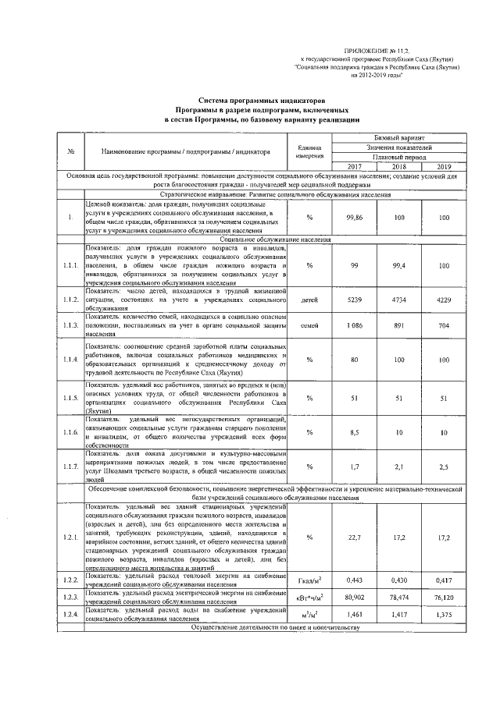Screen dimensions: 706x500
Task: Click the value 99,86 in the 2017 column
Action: (x=355, y=217)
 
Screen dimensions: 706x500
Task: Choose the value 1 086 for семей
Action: (x=355, y=326)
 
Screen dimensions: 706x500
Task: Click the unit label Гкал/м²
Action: (x=310, y=581)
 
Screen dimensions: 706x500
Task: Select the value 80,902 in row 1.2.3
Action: (x=355, y=596)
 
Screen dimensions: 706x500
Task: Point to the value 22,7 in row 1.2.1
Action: (x=355, y=537)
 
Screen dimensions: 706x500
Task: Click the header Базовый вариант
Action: (x=400, y=137)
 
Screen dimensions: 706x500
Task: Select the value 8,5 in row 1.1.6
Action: (x=355, y=432)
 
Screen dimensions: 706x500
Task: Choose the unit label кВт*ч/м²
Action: (x=310, y=597)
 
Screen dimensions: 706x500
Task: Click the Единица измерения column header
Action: (x=310, y=152)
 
